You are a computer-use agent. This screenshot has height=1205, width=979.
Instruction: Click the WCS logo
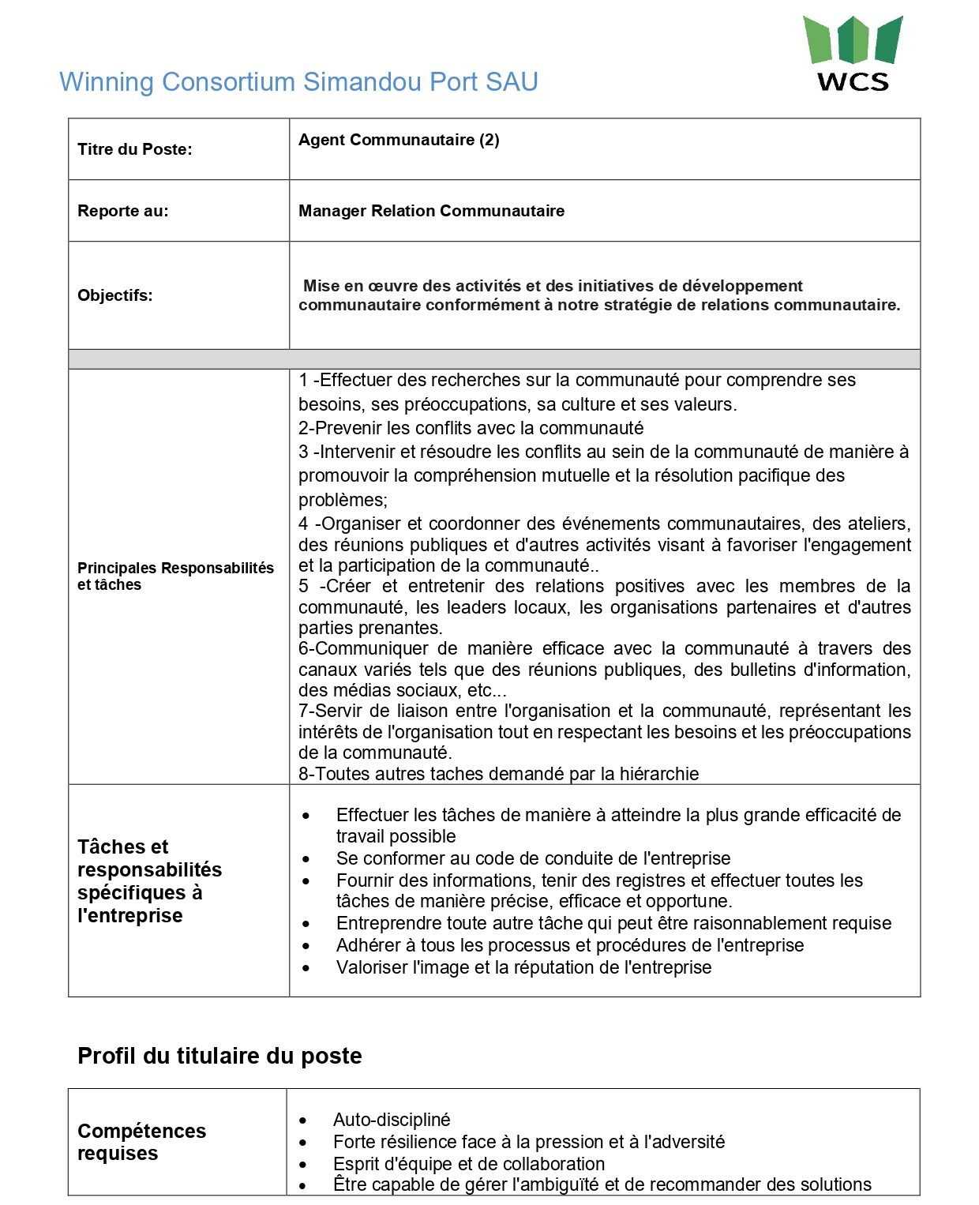pyautogui.click(x=852, y=54)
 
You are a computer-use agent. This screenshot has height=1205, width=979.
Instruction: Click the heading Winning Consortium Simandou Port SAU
pyautogui.click(x=298, y=82)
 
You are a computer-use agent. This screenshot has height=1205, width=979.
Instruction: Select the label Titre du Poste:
pyautogui.click(x=135, y=149)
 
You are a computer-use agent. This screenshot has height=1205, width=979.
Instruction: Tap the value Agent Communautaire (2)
pyautogui.click(x=399, y=140)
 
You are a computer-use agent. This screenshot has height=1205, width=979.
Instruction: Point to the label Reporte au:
pyautogui.click(x=123, y=211)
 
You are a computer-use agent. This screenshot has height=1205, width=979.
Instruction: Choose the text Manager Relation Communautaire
pyautogui.click(x=431, y=211)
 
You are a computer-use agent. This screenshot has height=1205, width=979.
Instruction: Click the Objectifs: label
pyautogui.click(x=115, y=295)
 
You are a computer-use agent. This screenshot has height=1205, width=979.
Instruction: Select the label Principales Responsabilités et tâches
pyautogui.click(x=175, y=576)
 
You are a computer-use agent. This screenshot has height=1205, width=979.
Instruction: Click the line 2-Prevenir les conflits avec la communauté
pyautogui.click(x=471, y=428)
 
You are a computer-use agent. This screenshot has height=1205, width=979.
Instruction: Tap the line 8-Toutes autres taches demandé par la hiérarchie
pyautogui.click(x=498, y=774)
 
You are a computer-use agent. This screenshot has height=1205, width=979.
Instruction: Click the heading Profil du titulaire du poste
pyautogui.click(x=219, y=1056)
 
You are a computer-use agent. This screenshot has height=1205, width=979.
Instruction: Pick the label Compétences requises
pyautogui.click(x=141, y=1142)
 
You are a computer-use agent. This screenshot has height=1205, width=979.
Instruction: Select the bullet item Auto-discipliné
pyautogui.click(x=392, y=1120)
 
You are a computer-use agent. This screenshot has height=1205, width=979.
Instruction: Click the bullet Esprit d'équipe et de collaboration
pyautogui.click(x=469, y=1164)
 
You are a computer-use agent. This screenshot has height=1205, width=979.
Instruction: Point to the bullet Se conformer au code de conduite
pyautogui.click(x=533, y=858)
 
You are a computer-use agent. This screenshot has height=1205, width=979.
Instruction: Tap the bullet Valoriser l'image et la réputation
pyautogui.click(x=523, y=967)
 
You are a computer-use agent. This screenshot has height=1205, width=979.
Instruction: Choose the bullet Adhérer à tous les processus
pyautogui.click(x=569, y=945)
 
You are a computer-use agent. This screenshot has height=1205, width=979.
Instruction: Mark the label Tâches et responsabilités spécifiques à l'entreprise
pyautogui.click(x=149, y=881)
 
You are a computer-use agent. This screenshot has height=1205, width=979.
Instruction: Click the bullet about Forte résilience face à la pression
pyautogui.click(x=528, y=1142)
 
